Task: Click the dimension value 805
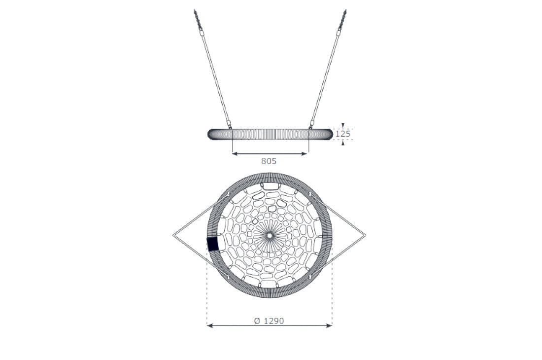(x=269, y=161)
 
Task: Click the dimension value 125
(x=343, y=134)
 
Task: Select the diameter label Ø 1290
(x=269, y=321)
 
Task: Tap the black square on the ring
(x=212, y=244)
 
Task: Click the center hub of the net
(x=269, y=236)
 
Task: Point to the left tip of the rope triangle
(x=173, y=235)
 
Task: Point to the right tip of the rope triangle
(x=366, y=235)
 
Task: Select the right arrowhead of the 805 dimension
(x=306, y=154)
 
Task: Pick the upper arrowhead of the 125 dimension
(x=343, y=125)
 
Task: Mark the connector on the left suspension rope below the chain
(x=202, y=33)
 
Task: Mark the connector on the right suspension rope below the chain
(x=339, y=33)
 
